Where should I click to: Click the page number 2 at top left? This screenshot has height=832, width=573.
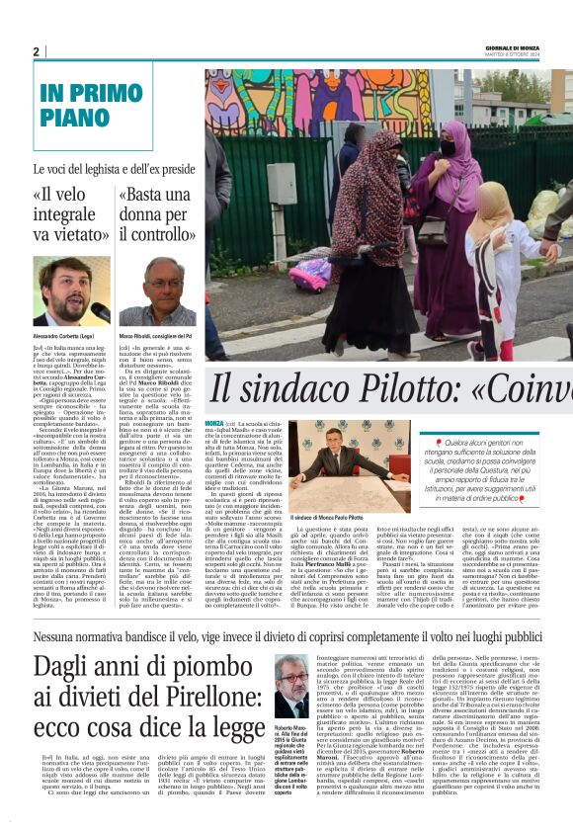click(x=36, y=51)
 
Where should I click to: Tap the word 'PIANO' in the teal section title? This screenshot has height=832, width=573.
click(x=75, y=118)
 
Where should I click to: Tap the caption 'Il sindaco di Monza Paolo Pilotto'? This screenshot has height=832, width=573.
click(x=329, y=517)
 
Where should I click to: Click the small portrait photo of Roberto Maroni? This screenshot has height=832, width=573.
click(x=290, y=692)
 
